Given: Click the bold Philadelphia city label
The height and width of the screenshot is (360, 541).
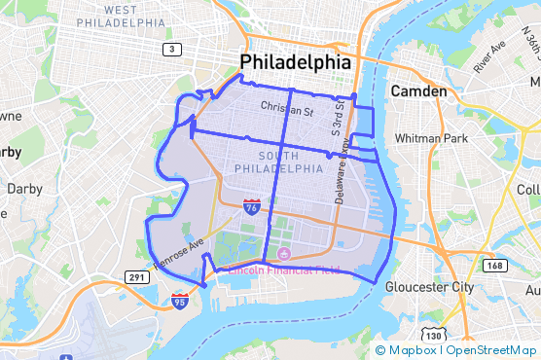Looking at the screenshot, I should point(295,62).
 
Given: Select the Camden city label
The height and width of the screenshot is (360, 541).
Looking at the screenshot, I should point(418,91).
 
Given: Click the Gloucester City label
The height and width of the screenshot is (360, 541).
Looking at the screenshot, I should point(429,287).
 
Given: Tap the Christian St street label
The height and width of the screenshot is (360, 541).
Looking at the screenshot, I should point(287,111).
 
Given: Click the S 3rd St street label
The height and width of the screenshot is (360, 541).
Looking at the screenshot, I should point(339,125).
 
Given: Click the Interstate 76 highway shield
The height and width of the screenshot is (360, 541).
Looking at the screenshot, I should point(252,206).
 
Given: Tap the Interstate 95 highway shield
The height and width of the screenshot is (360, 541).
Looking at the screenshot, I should point(179,302).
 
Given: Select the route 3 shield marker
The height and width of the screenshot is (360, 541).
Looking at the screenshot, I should point(172,49).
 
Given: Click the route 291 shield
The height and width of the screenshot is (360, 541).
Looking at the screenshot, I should point(135,278).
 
